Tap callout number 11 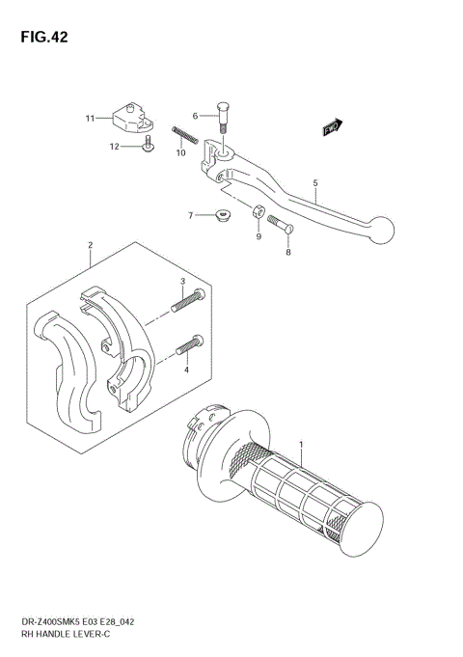point(90,119)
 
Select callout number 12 point(114,147)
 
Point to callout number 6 point(195,116)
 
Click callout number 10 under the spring point(180,152)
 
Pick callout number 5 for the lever point(313,181)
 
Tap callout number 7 point(191,214)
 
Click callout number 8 point(287,253)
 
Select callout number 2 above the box point(90,246)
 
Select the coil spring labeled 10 point(185,134)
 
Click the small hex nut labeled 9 point(259,212)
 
